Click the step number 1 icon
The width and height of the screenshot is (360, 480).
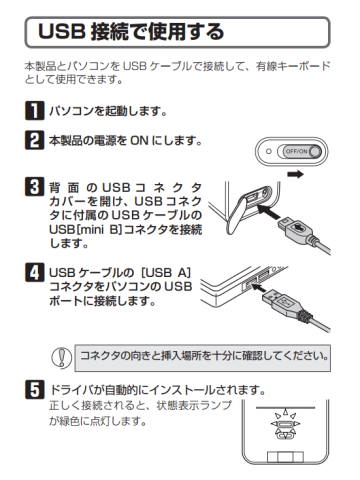[x=34, y=110]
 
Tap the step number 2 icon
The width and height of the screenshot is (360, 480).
[x=34, y=140]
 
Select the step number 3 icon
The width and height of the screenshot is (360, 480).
[x=34, y=187]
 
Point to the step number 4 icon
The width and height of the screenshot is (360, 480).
[x=34, y=272]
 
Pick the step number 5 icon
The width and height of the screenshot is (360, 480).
[x=34, y=390]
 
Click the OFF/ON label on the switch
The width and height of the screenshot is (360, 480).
[x=296, y=151]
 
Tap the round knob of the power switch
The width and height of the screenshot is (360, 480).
[x=315, y=151]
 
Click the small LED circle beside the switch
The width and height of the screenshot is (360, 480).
[x=269, y=151]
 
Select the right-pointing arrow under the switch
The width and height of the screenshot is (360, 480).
[x=295, y=174]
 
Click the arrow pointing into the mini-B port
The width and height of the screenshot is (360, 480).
[x=269, y=212]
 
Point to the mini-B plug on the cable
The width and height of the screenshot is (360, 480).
[x=294, y=227]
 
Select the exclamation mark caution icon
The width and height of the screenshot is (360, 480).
[x=61, y=358]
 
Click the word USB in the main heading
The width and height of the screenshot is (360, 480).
[x=61, y=32]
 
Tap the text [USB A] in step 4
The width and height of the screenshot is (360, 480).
[x=166, y=273]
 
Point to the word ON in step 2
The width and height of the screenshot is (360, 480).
[x=139, y=140]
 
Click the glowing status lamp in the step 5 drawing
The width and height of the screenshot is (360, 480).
[x=285, y=424]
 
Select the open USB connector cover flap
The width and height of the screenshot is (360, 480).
[x=237, y=212]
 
